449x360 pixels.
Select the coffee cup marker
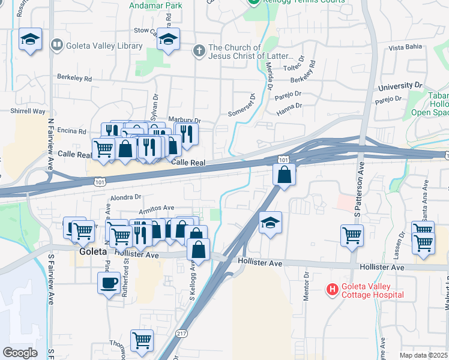[x=109, y=283]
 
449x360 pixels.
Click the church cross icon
[x=199, y=50]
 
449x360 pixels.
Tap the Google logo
[x=20, y=353]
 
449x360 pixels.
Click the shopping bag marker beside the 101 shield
[x=285, y=175]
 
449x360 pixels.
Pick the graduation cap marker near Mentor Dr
[x=271, y=224]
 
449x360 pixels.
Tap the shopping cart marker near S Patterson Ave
[x=352, y=235]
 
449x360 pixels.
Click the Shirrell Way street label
[x=28, y=111]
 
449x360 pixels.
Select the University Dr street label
[x=400, y=86]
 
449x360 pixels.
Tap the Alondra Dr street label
[x=125, y=196]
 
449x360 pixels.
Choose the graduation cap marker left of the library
[x=30, y=40]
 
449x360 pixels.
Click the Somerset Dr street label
[x=242, y=106]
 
